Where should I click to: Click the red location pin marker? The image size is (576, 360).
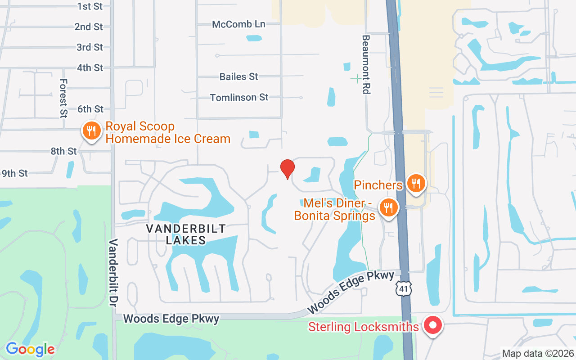tap(287, 169)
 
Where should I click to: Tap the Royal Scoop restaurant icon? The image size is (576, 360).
tap(91, 131)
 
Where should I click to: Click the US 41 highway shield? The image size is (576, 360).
tap(403, 288)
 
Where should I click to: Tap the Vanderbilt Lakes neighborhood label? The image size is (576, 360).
tap(186, 234)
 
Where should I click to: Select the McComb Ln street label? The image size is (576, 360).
tap(238, 24)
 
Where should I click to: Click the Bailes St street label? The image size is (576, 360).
tap(239, 77)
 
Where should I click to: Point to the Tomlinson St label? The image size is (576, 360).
tap(239, 97)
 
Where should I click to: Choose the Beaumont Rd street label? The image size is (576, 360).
tap(366, 64)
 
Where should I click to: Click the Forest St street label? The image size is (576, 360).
tap(63, 98)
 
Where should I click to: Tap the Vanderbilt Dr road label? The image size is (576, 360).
tap(112, 273)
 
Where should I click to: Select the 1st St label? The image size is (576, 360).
tap(90, 6)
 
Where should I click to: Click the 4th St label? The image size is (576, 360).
tap(90, 68)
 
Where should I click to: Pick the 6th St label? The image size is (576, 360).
tap(90, 109)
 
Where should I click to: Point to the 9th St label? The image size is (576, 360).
tap(15, 173)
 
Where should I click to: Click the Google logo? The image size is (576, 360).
tap(30, 349)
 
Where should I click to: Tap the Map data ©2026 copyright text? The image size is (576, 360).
tap(538, 354)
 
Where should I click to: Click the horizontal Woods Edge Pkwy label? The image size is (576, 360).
tap(171, 319)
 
